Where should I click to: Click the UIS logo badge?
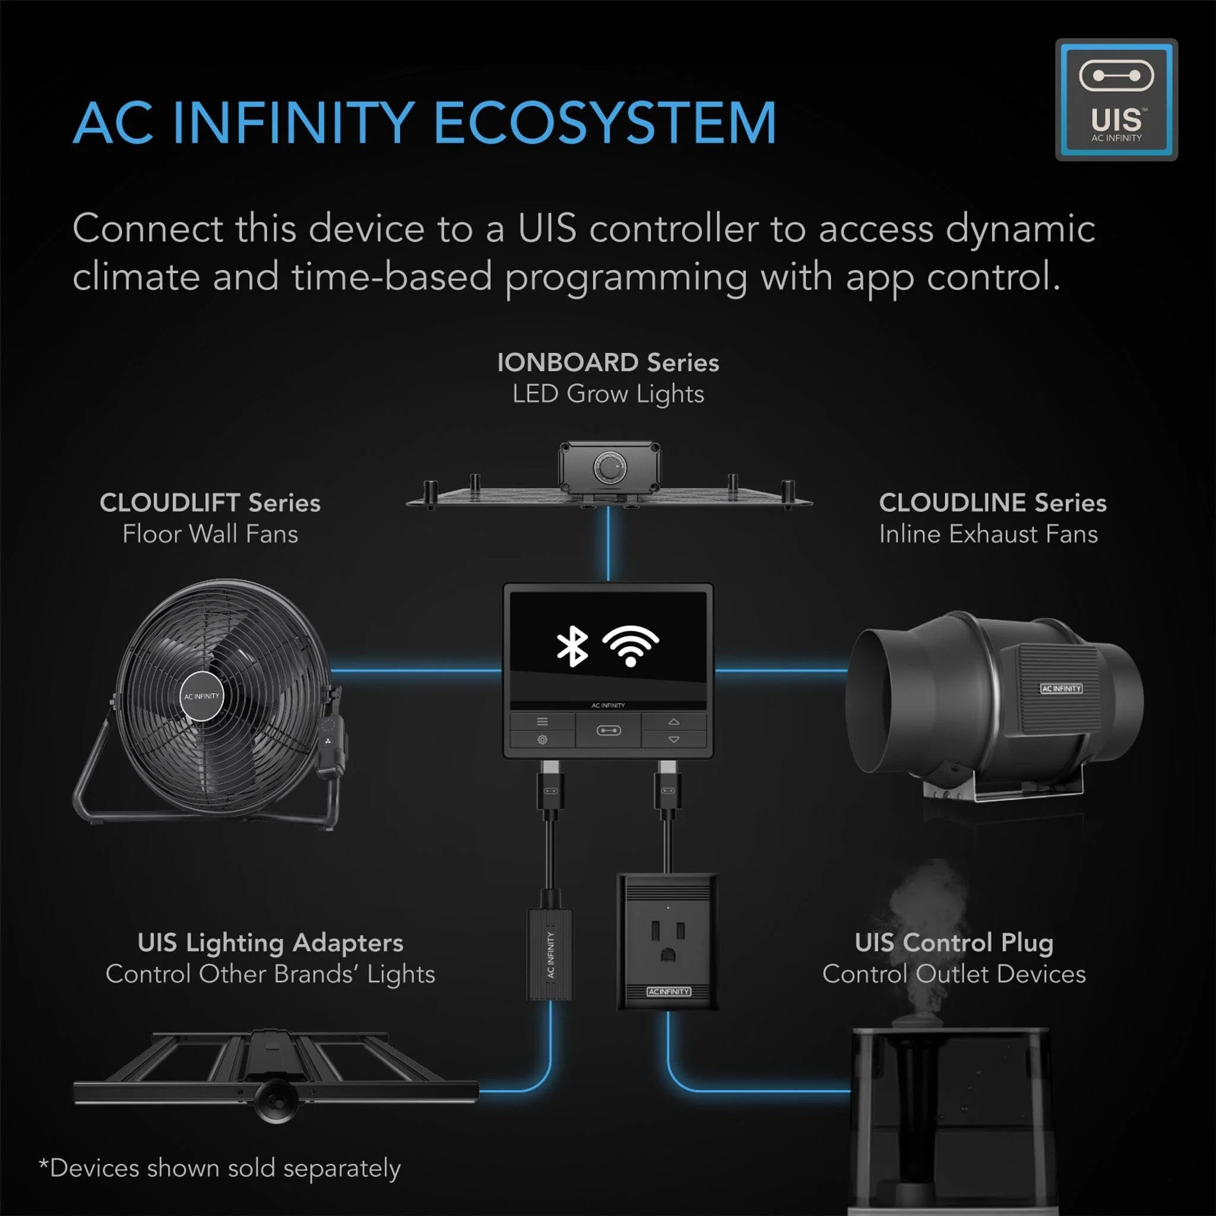1116,99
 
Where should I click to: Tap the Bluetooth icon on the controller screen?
572,647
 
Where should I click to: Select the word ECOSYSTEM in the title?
605,123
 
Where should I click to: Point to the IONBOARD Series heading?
607,363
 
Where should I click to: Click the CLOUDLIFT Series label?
210,503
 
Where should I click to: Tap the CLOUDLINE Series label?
992,503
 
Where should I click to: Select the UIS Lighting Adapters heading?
270,943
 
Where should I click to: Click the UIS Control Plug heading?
954,943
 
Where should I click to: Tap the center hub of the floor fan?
202,696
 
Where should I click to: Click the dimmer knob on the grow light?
609,469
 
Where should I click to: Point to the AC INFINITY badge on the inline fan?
1061,689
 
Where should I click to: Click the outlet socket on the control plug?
667,940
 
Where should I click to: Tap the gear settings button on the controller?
542,740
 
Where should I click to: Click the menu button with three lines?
542,722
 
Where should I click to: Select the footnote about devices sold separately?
220,1168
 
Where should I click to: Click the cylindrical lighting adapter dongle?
550,954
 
